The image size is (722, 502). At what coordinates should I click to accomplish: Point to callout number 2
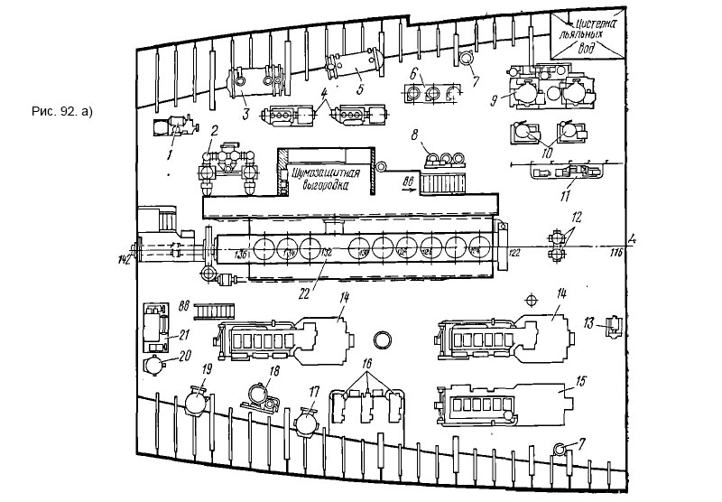215,131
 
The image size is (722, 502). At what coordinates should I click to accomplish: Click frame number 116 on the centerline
618,254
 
